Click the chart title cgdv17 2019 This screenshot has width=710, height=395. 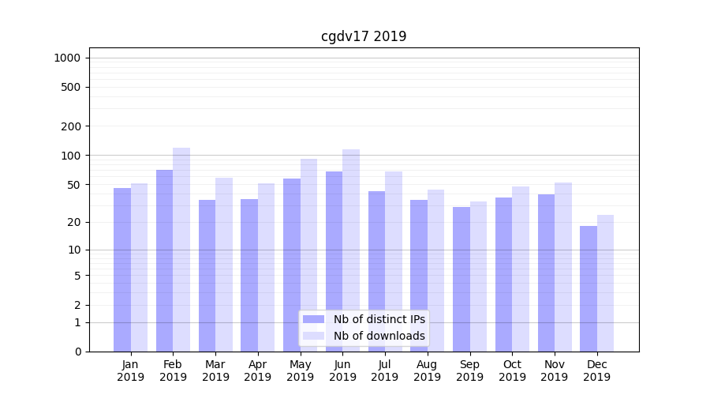point(364,36)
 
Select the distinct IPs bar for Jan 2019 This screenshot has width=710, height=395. point(122,269)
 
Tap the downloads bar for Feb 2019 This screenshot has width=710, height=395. point(181,250)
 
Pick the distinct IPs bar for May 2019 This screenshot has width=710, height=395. point(292,265)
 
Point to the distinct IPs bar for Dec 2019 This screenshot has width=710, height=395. point(589,288)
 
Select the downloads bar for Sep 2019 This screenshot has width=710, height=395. point(478,276)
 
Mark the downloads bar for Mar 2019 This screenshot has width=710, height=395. point(224,265)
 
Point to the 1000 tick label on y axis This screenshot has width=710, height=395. point(67,58)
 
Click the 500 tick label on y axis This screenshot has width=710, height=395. point(72,87)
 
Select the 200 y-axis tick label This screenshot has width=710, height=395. point(72,126)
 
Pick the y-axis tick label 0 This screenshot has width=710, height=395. point(77,352)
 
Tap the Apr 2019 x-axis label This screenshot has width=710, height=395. point(258,371)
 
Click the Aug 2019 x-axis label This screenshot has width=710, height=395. point(428,371)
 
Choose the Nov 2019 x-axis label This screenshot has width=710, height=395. point(555,371)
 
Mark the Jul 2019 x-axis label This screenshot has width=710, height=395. point(385,371)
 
